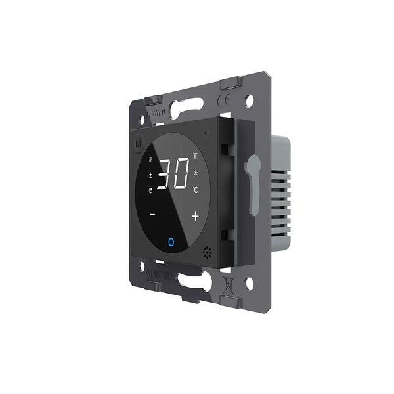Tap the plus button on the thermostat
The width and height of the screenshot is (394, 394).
(x=195, y=216)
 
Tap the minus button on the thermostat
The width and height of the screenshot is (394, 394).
(x=152, y=214)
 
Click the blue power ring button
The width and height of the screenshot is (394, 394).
(x=171, y=242)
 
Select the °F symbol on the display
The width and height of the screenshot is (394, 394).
(x=195, y=156)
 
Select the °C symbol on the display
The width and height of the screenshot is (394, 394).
(x=196, y=191)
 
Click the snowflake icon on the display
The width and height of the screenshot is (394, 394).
(x=196, y=173)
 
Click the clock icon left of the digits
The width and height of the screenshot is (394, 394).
(x=150, y=192)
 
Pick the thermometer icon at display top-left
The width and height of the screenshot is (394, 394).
(x=152, y=160)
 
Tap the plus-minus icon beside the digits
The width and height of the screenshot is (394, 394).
(x=150, y=175)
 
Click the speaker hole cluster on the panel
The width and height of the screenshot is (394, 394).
(x=208, y=252)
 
